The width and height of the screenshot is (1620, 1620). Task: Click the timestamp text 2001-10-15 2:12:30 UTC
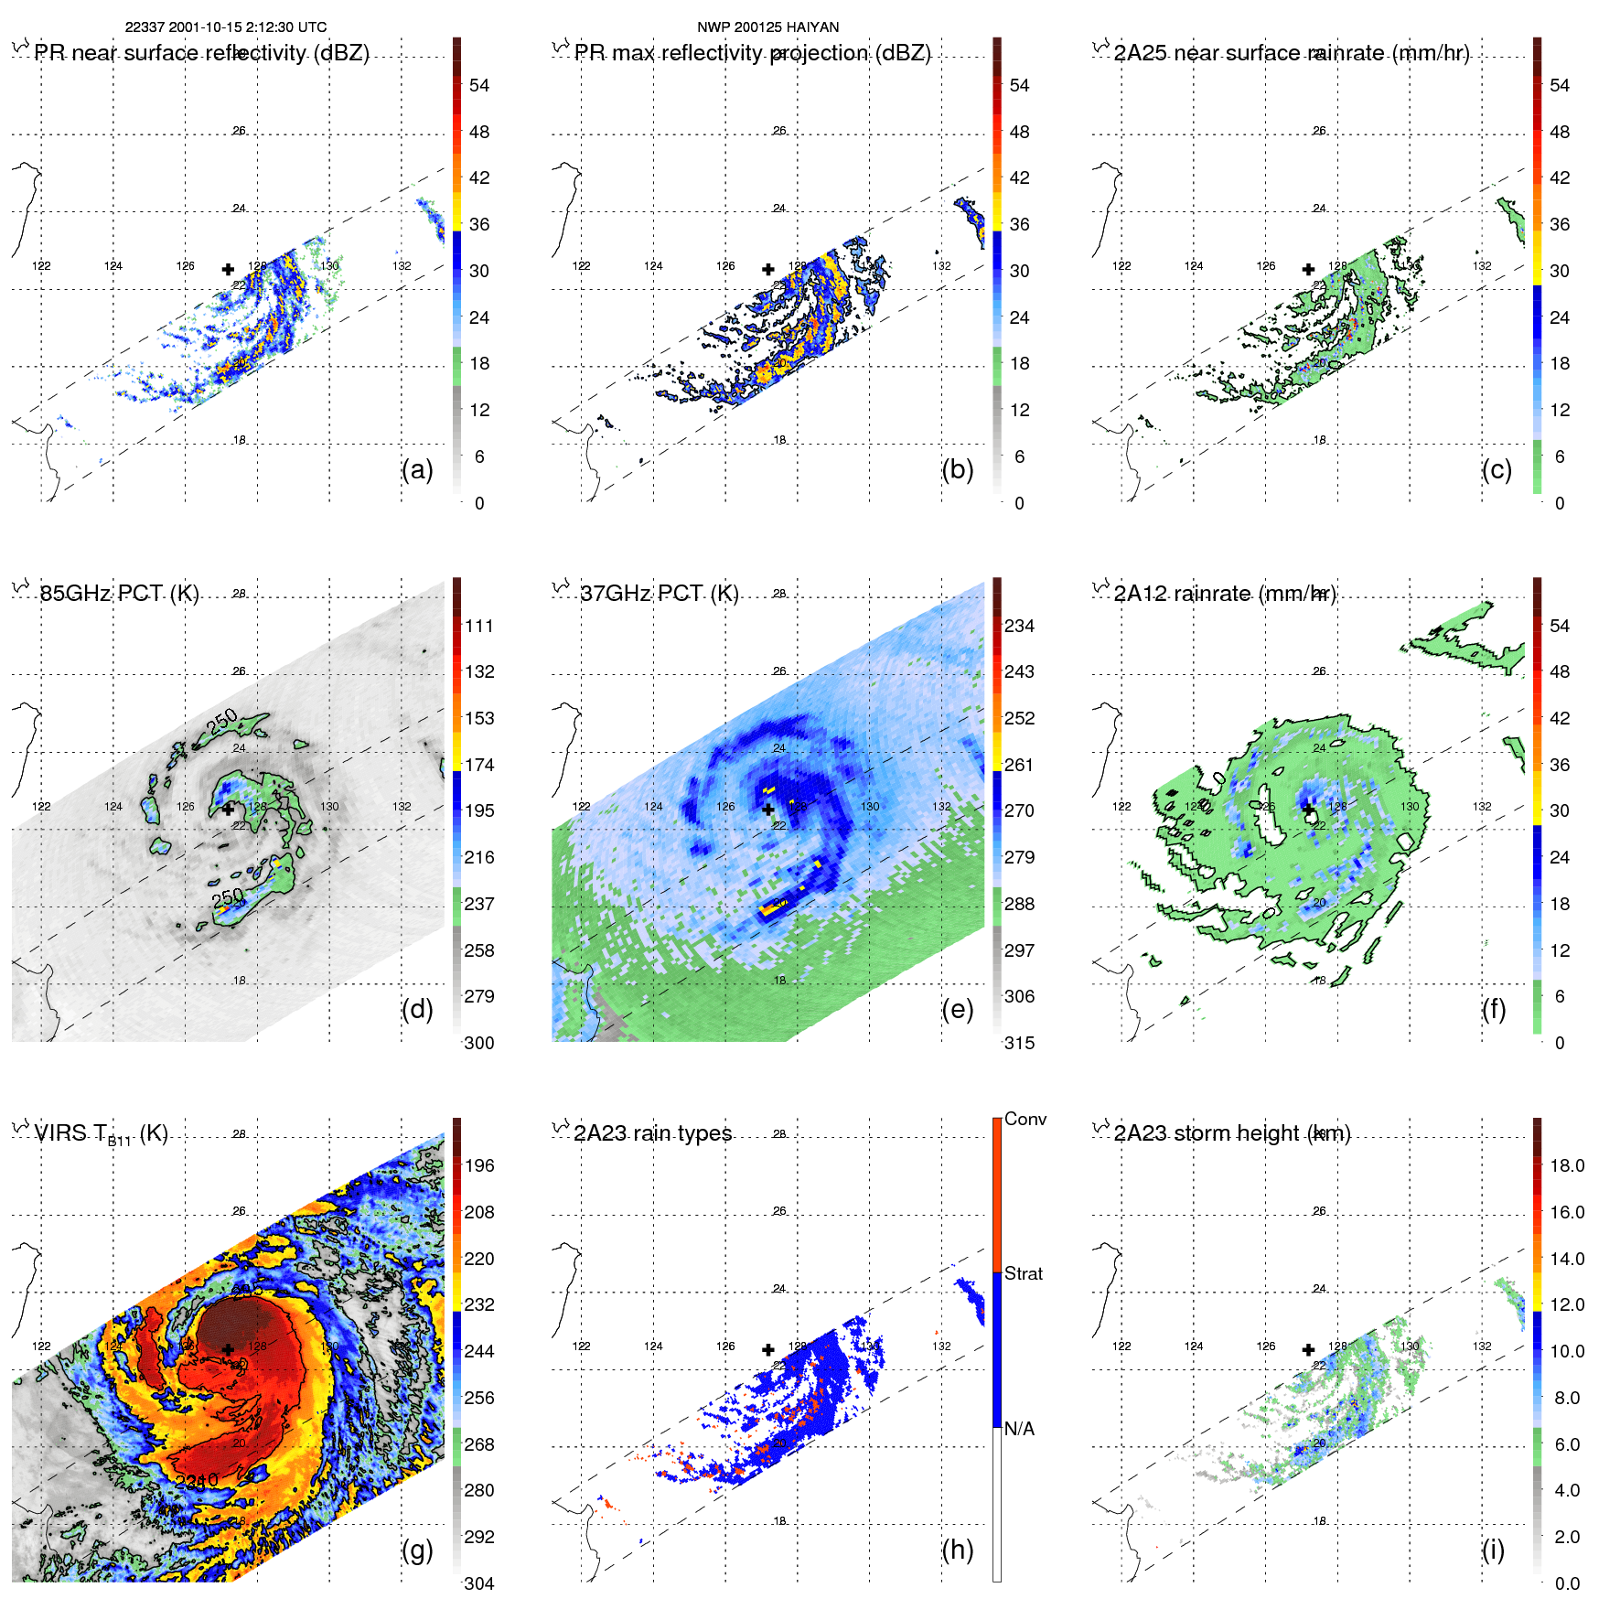[x=247, y=27]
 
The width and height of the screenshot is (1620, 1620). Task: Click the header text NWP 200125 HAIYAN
[x=767, y=27]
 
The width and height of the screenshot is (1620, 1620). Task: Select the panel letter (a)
[x=417, y=470]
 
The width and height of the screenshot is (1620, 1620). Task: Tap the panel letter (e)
[x=957, y=1010]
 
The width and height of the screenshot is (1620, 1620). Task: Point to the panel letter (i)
[x=1493, y=1550]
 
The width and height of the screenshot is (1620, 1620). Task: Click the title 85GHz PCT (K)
[x=119, y=594]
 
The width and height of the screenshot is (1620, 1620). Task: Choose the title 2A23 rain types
[x=652, y=1133]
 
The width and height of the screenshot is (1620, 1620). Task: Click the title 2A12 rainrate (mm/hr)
[x=1224, y=594]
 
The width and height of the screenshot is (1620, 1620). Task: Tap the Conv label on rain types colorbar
[x=1025, y=1120]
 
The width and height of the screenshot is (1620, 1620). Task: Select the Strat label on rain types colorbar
[x=1023, y=1274]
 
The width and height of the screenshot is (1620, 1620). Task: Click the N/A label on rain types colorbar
[x=1019, y=1429]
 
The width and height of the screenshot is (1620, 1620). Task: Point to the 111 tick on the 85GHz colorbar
[x=479, y=627]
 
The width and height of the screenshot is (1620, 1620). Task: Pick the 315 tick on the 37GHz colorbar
[x=1019, y=1043]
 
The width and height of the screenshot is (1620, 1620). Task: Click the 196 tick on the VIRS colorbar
[x=479, y=1166]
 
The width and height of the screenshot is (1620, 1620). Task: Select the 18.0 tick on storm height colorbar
[x=1567, y=1166]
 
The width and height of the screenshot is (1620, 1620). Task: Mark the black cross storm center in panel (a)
[x=228, y=269]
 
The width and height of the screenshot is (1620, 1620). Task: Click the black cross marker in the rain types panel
[x=768, y=1349]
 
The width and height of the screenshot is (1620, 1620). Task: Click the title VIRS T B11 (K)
[x=101, y=1134]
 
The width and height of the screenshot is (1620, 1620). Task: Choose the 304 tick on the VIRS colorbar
[x=479, y=1583]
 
